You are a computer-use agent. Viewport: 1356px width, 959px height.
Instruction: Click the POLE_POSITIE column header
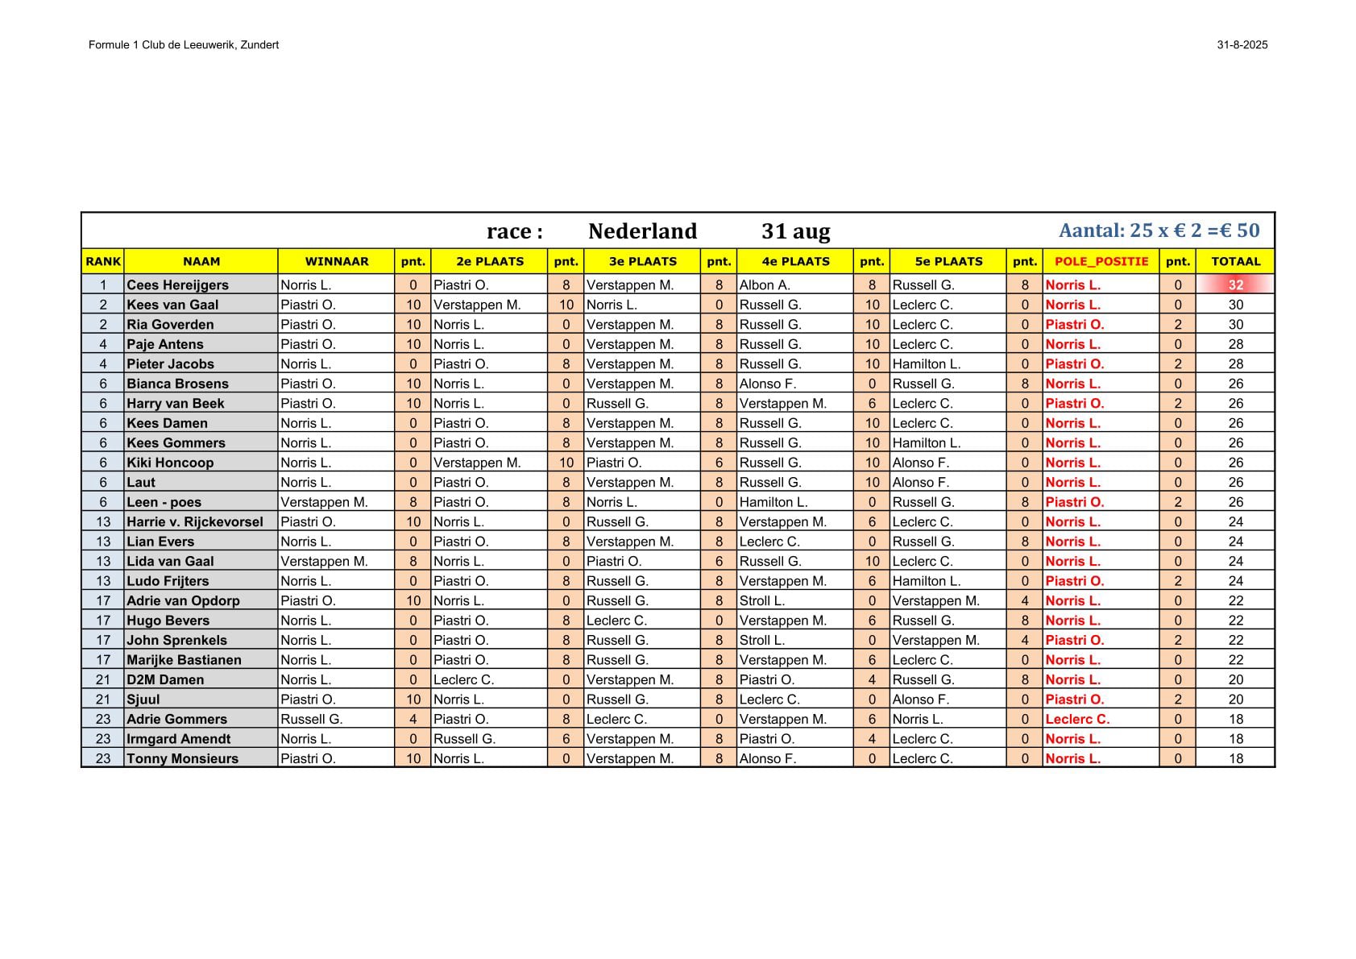(1101, 261)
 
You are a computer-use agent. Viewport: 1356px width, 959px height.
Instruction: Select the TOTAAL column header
(1235, 261)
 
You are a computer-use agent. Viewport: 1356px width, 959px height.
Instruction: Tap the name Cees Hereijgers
(177, 284)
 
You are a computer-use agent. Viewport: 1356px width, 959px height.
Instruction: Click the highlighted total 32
(1235, 284)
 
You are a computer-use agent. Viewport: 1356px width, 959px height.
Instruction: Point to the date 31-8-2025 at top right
(1242, 45)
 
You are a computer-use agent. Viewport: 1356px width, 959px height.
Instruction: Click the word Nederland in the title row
(642, 231)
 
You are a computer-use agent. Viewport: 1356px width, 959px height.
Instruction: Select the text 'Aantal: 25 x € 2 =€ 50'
(1159, 230)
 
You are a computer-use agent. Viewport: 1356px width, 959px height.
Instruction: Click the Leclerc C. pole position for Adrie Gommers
(1077, 719)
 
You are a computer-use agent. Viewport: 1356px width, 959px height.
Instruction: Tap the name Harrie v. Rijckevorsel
(194, 521)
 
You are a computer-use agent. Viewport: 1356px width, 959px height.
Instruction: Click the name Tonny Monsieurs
(182, 758)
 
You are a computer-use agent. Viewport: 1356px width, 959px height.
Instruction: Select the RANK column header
(103, 261)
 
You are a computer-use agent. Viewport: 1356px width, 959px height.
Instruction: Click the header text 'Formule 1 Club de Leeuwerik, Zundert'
(184, 45)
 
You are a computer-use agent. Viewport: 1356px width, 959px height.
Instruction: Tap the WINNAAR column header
(336, 261)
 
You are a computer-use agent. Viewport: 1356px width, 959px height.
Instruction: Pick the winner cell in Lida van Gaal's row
(324, 561)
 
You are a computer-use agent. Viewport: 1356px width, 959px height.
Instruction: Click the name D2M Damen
(165, 679)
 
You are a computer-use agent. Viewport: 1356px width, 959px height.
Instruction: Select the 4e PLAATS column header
(794, 261)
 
